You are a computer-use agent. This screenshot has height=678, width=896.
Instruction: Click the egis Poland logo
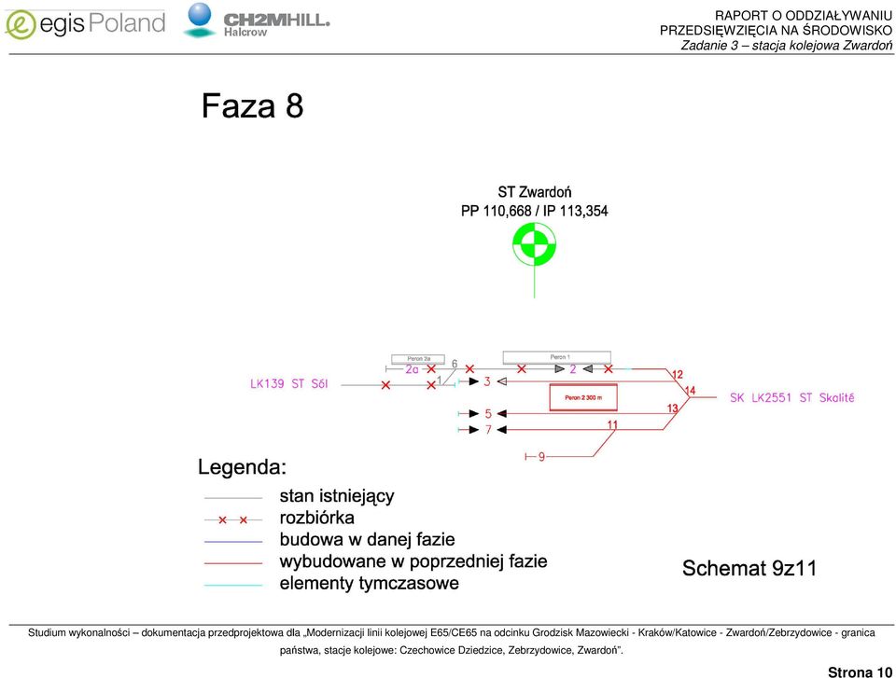[x=85, y=24]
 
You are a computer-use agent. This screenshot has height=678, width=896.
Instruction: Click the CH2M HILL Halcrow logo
[x=257, y=21]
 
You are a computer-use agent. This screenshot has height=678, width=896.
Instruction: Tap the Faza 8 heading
[x=252, y=105]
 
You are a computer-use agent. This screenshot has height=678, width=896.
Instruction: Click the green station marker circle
[x=534, y=244]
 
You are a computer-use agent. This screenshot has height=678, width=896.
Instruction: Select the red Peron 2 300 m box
[x=583, y=397]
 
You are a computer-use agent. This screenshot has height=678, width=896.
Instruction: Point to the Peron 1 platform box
[x=556, y=357]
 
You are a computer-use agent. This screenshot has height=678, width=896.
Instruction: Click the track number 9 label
[x=541, y=456]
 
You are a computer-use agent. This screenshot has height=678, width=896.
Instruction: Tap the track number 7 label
[x=488, y=430]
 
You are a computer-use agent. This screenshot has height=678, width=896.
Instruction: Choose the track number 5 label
[x=488, y=413]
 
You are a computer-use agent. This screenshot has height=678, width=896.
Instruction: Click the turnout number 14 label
[x=690, y=391]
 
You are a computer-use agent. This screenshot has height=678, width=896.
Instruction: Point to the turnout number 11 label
[x=612, y=424]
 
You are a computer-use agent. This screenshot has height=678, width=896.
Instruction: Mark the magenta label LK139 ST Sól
[x=289, y=383]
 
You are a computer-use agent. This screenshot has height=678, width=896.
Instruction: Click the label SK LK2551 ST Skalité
[x=792, y=397]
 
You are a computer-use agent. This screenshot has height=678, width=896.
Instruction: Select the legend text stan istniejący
[x=337, y=496]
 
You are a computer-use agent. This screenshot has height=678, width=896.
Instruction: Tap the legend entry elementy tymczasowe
[x=370, y=583]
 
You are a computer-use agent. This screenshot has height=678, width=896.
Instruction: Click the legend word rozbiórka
[x=316, y=518]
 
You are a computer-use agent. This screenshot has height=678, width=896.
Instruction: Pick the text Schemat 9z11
[x=749, y=568]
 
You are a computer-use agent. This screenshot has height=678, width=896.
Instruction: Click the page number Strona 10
[x=860, y=672]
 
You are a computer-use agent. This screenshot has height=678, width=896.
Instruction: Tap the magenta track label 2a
[x=412, y=369]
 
